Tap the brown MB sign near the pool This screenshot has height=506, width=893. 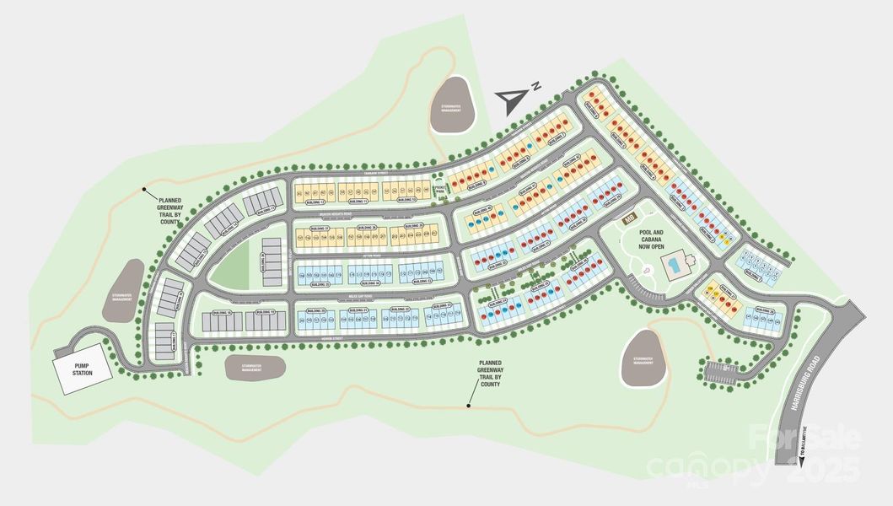coord(628,218)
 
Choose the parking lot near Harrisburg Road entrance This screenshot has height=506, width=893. coord(723,369)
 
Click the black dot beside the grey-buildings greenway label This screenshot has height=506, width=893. coord(145,189)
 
